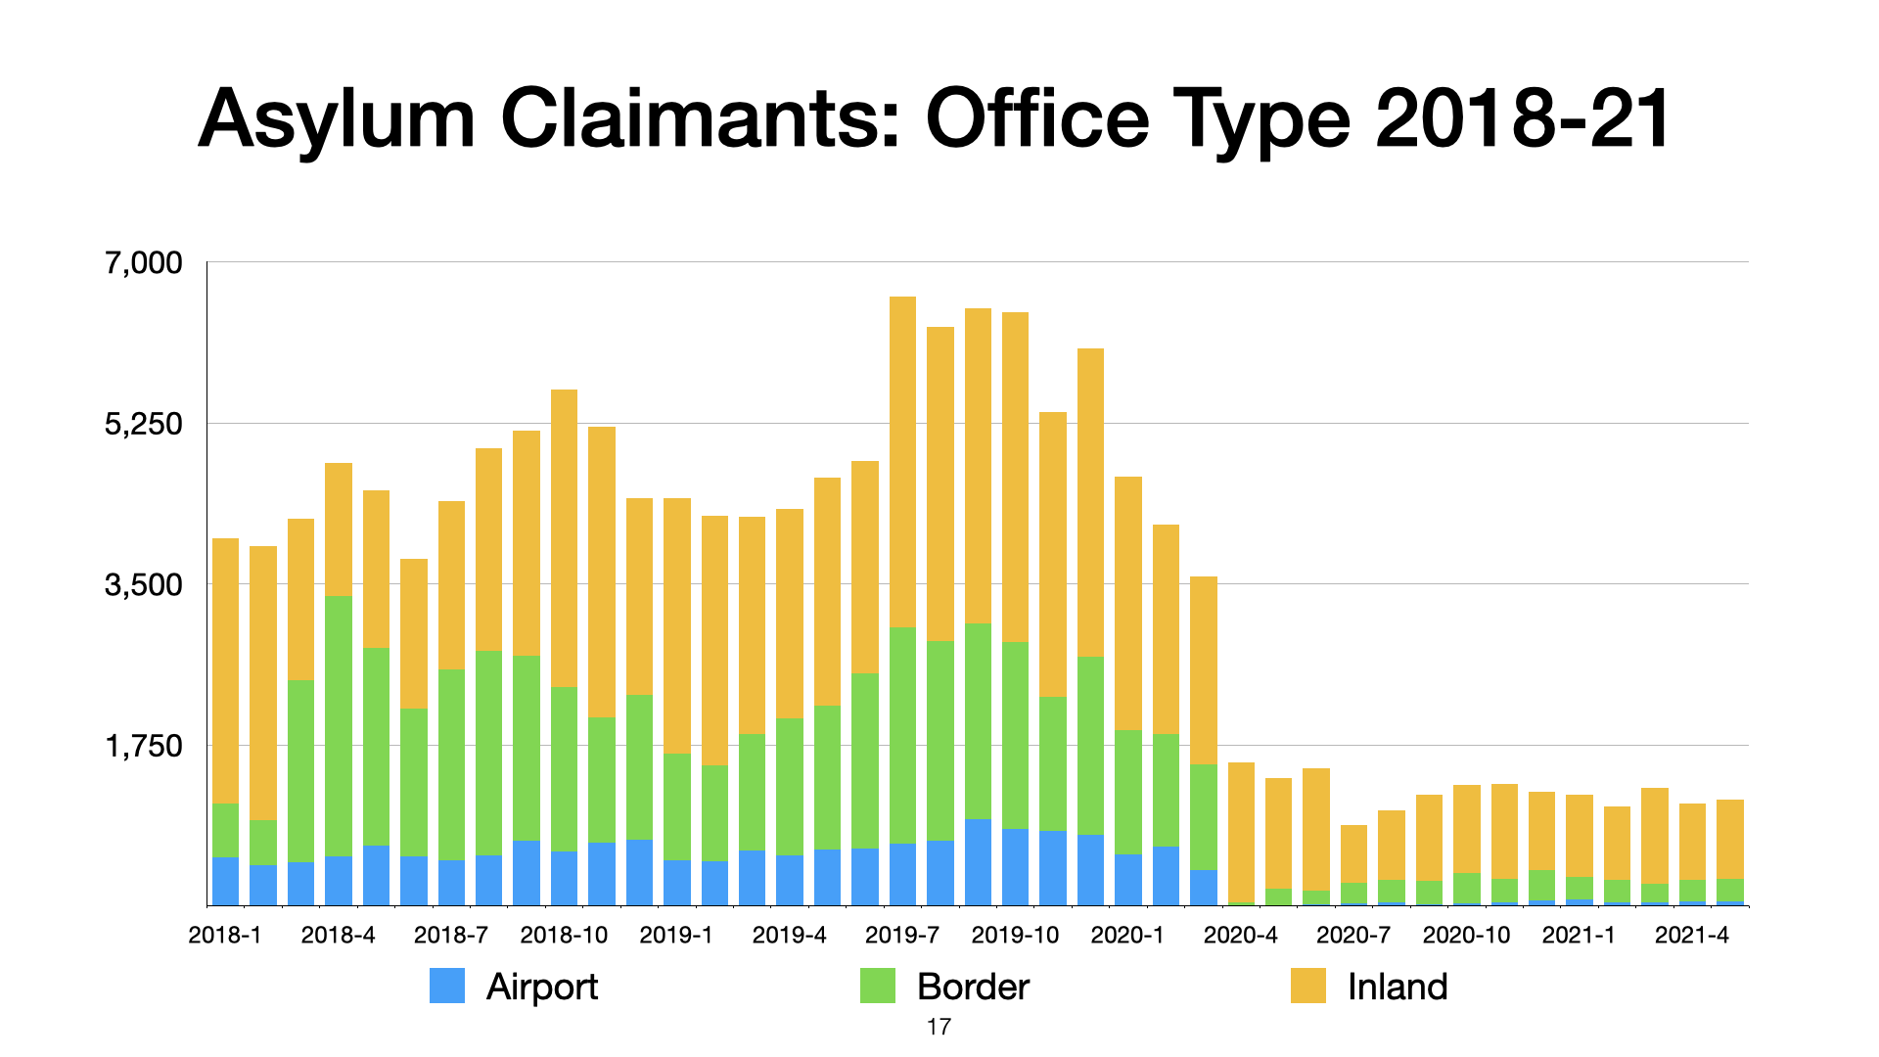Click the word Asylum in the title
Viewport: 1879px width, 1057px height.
coord(337,119)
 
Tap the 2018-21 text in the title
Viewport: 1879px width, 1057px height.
coord(1523,119)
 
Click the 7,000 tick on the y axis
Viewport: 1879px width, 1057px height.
coord(144,262)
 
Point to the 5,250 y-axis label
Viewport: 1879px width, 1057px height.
coord(144,424)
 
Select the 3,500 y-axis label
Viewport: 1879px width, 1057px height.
coord(144,585)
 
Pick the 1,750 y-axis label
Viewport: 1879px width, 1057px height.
coord(144,746)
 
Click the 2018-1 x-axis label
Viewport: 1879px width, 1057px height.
coord(225,935)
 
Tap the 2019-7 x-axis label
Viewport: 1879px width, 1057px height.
coord(902,935)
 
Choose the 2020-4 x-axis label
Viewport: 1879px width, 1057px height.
coord(1241,935)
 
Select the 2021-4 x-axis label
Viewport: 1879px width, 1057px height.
coord(1692,935)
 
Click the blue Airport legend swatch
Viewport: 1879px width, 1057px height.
coord(447,986)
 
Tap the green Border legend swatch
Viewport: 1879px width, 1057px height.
coord(878,986)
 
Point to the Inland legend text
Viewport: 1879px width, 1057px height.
coord(1398,987)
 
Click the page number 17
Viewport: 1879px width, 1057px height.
coord(939,1027)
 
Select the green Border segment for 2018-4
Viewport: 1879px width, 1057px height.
coord(339,724)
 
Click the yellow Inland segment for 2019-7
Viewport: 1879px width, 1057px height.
coord(902,460)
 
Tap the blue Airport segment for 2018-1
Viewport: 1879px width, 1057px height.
coord(225,881)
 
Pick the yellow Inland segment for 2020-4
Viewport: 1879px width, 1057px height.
coord(1241,832)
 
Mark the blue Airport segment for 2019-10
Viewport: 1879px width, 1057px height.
coord(1015,867)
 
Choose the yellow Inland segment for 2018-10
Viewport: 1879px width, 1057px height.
coord(564,538)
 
